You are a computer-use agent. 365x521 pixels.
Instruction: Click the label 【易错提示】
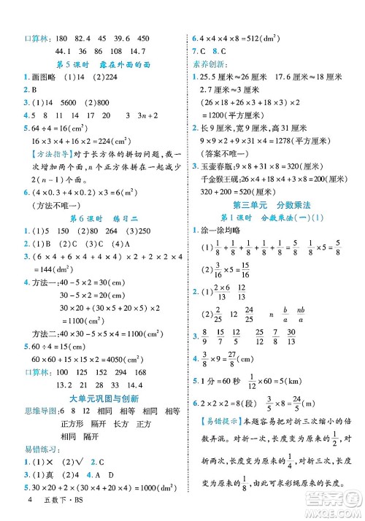point(214,441)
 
